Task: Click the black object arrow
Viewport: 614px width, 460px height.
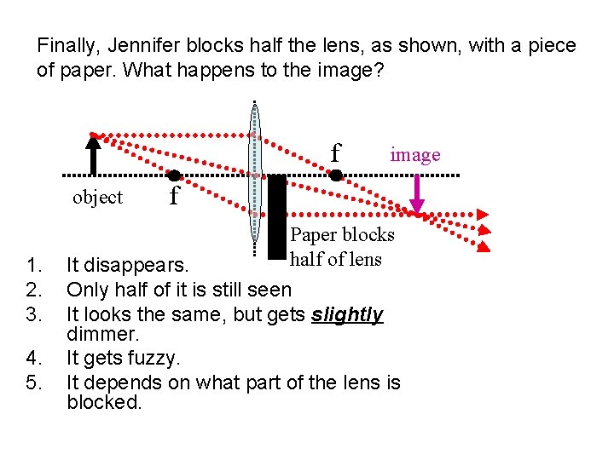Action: click(x=94, y=154)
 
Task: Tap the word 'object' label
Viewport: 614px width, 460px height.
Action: click(x=98, y=198)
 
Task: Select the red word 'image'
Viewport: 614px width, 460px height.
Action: click(x=415, y=154)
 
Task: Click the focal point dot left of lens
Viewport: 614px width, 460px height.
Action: click(x=175, y=175)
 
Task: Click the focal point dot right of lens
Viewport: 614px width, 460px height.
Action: click(x=336, y=175)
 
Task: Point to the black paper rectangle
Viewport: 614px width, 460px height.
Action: click(x=276, y=217)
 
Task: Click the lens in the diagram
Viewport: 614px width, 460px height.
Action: click(x=253, y=179)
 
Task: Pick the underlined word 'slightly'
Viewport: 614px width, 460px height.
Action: click(x=347, y=315)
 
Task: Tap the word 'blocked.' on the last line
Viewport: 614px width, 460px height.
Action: click(x=104, y=402)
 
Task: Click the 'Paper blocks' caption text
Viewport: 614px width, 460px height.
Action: click(x=342, y=234)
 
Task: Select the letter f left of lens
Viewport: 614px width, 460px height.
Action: click(x=174, y=198)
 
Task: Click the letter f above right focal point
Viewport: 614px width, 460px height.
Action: click(x=336, y=153)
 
